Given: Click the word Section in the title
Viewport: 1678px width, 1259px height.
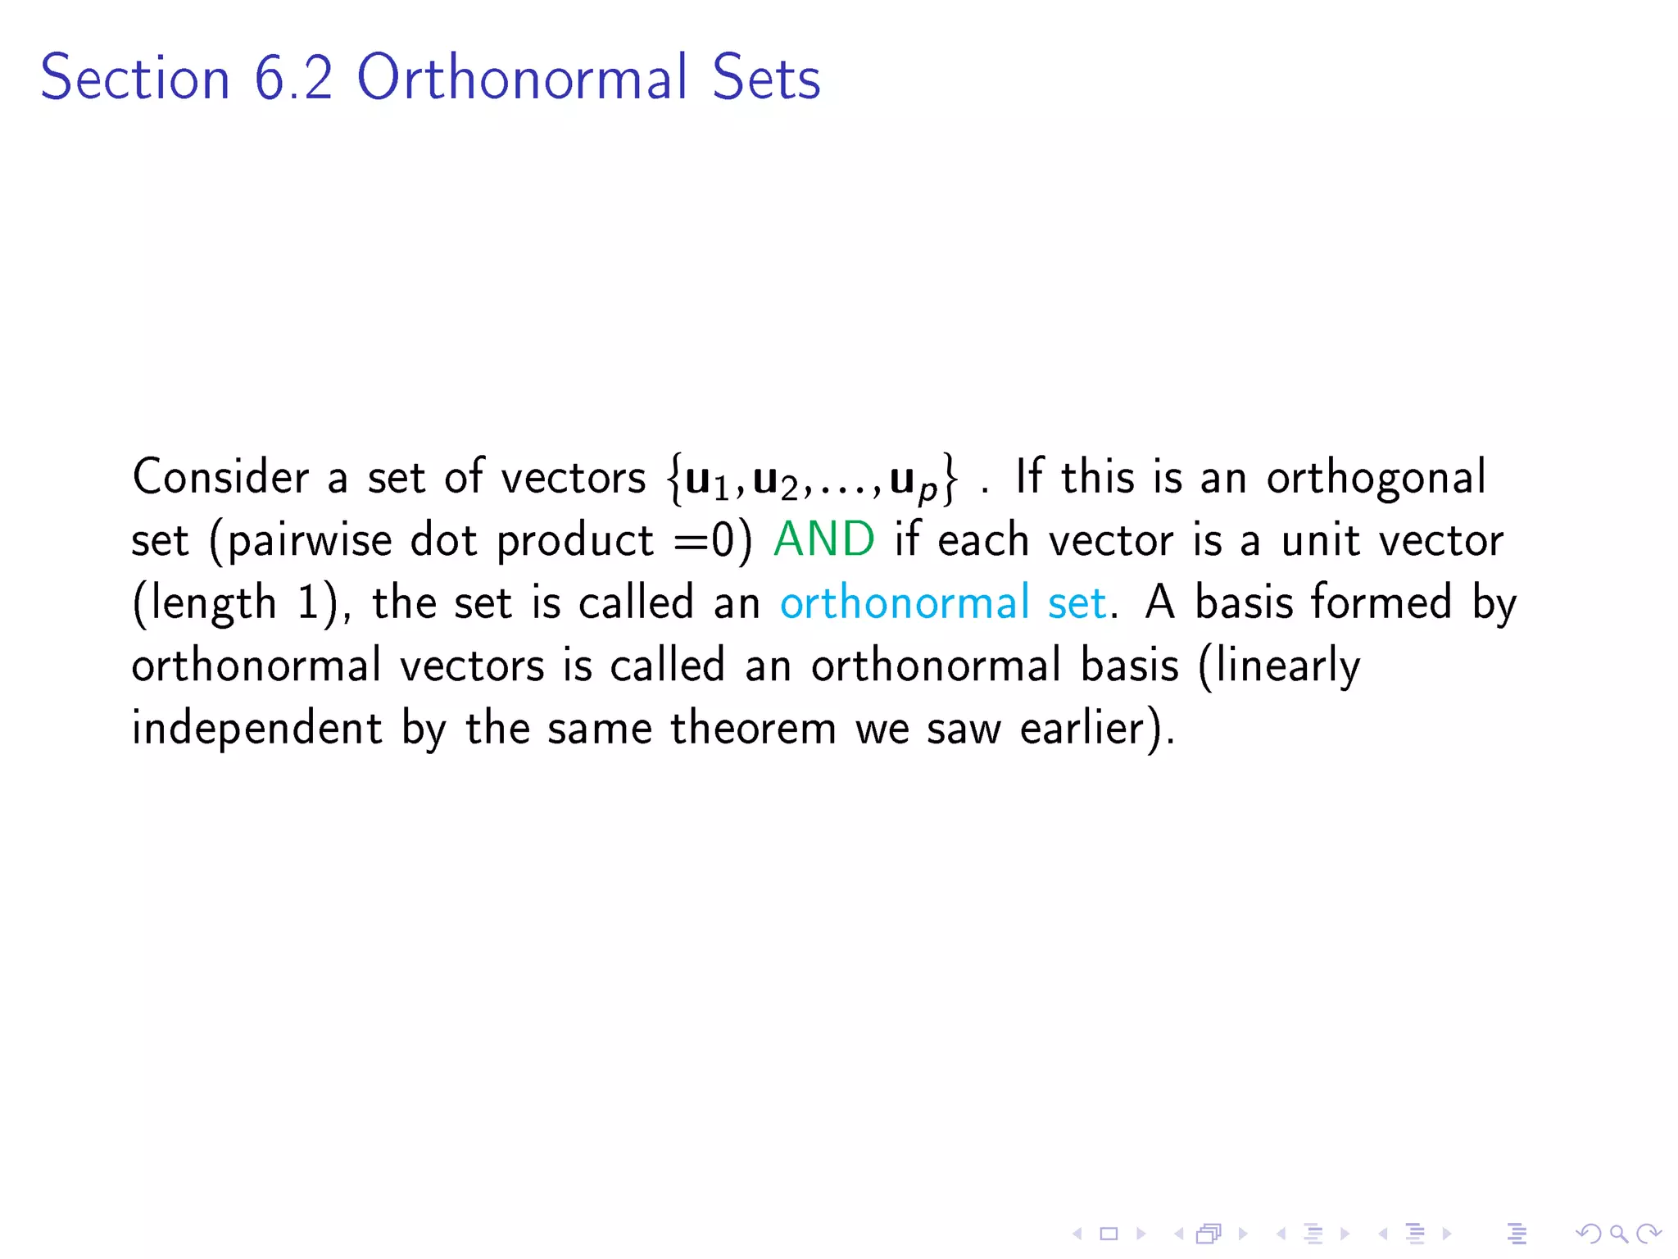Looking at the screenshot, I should (135, 78).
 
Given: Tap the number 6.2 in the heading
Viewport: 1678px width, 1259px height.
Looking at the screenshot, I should (293, 78).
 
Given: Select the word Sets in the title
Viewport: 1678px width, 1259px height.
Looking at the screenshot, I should (765, 78).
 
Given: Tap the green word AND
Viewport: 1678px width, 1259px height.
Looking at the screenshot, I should (823, 540).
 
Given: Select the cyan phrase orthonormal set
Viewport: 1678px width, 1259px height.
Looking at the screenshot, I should (942, 603).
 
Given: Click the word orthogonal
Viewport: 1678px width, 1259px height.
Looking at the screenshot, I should (1376, 479).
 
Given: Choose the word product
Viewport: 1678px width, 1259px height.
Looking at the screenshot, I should (575, 542).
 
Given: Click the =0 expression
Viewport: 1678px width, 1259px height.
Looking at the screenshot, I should (704, 541).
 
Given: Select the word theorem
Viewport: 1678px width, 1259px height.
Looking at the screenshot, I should (753, 728).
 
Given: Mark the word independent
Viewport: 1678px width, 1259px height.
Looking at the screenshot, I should (256, 728).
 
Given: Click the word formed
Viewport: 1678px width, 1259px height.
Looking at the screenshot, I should (1381, 602).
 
